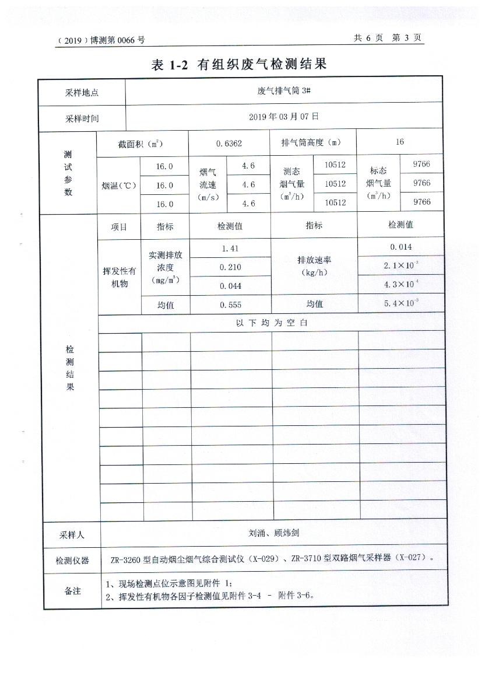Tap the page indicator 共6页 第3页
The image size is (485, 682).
388,38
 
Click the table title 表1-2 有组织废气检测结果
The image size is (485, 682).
239,65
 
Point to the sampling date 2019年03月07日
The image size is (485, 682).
284,117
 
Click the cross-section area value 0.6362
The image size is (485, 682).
229,143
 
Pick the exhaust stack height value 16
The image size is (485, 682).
399,142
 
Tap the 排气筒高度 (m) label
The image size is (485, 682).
311,142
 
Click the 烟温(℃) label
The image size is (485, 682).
119,186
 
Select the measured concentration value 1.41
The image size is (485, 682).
231,248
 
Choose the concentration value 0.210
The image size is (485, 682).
231,267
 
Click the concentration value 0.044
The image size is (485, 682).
231,286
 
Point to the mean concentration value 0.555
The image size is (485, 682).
231,305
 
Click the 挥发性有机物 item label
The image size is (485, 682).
120,277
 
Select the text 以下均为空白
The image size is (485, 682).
272,323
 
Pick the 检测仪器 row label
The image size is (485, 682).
72,561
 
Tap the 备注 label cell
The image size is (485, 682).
72,591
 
